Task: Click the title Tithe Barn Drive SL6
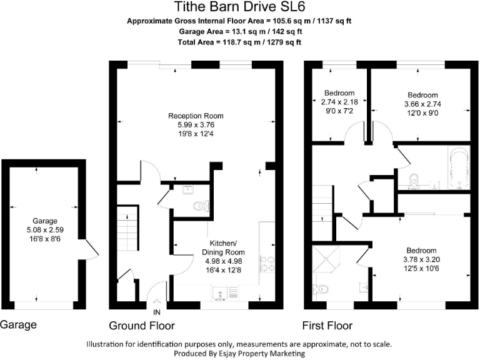pos(239,7)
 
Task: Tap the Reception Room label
pos(196,116)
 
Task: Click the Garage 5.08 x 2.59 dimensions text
pos(46,229)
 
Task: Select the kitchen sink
pos(221,293)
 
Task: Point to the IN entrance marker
pos(157,312)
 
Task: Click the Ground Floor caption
pos(141,326)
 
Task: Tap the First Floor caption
pos(327,326)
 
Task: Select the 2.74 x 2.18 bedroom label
pos(339,102)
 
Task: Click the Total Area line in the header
pos(239,42)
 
